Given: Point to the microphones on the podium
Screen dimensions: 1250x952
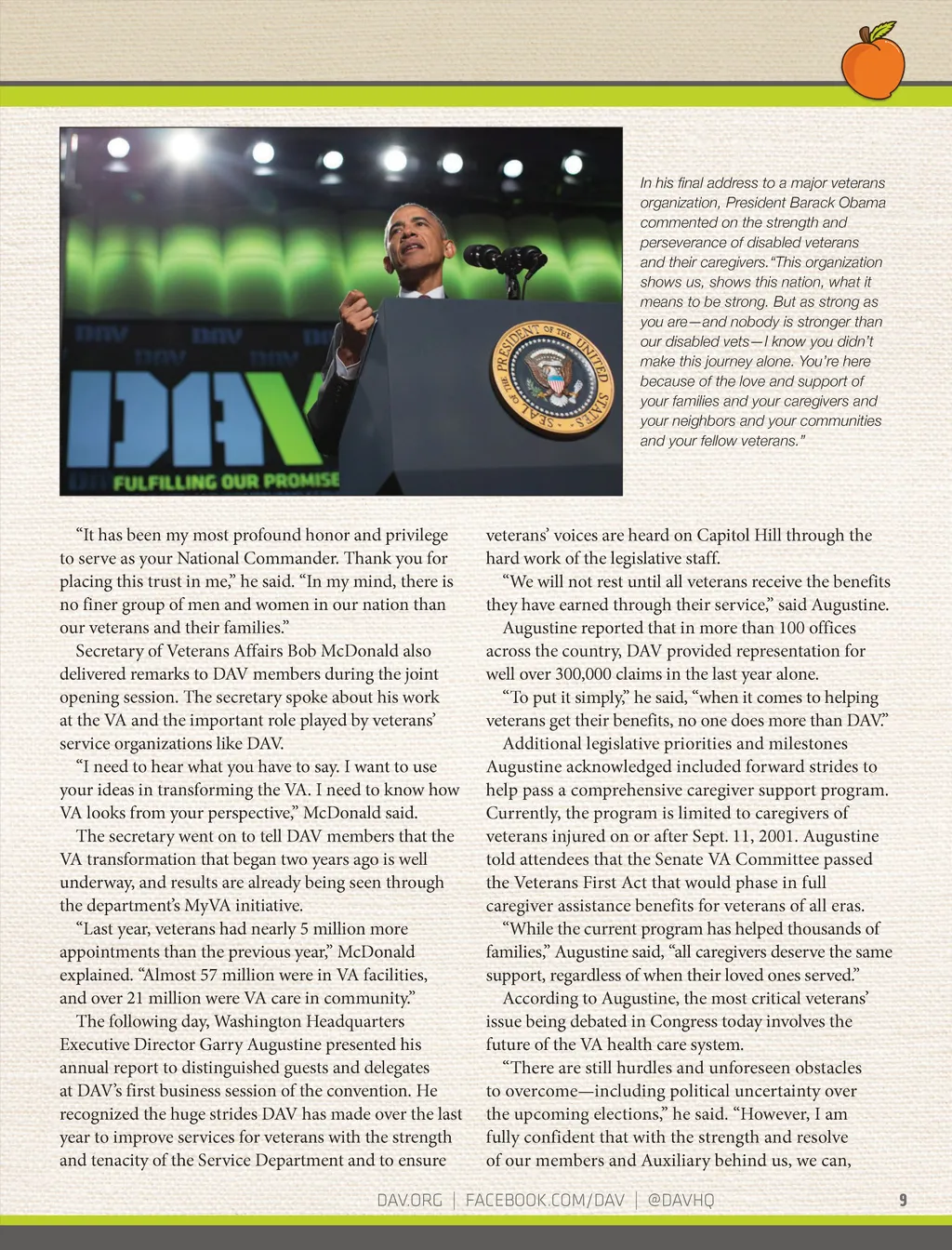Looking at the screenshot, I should tap(507, 259).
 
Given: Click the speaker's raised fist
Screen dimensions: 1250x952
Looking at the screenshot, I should tap(353, 304).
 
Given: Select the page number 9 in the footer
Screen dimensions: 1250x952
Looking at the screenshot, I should tap(903, 1200).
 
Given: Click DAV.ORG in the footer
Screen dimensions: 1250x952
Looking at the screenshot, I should tap(409, 1200).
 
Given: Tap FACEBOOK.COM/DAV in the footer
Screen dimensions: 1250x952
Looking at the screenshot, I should tap(545, 1200).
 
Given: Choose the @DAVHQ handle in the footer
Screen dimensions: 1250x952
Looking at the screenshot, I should tap(681, 1200).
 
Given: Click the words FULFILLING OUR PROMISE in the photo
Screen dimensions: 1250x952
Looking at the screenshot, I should tap(226, 482).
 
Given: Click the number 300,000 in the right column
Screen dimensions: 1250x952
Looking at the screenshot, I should tap(591, 674).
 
